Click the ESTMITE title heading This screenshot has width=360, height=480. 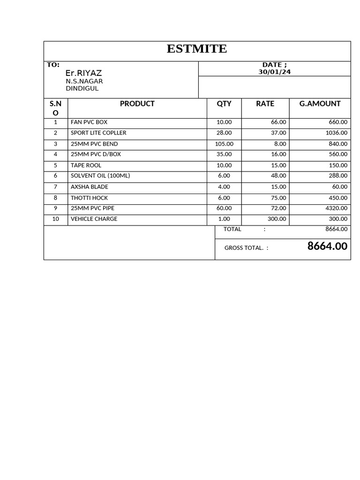[x=197, y=49]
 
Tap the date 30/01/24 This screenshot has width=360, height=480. [x=274, y=72]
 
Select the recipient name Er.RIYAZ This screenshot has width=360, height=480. [x=83, y=73]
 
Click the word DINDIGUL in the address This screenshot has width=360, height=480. [x=82, y=88]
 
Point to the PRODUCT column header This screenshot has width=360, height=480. [x=137, y=104]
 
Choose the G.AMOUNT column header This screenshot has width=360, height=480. [x=320, y=104]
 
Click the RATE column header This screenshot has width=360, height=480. [x=265, y=104]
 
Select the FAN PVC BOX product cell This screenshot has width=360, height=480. [x=89, y=122]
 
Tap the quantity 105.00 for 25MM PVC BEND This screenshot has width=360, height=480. [x=224, y=144]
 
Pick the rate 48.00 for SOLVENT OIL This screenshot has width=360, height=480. [x=278, y=175]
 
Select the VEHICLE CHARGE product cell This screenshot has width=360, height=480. [x=94, y=219]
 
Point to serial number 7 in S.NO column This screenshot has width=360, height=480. [x=56, y=187]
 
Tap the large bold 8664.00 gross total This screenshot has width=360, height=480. [x=327, y=246]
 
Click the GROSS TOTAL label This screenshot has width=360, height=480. [x=244, y=248]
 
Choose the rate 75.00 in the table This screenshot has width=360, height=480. [x=278, y=198]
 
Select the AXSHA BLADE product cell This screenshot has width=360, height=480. [x=89, y=187]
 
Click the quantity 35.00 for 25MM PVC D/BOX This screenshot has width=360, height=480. [x=224, y=154]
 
